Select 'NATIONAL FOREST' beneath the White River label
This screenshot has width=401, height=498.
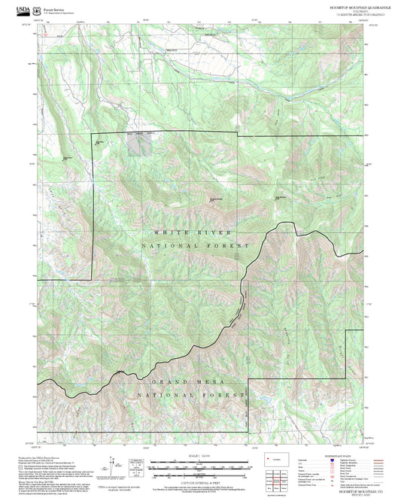(193, 246)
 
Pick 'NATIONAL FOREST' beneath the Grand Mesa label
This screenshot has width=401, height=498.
(193, 395)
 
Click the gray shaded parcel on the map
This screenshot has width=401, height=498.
(138, 143)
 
